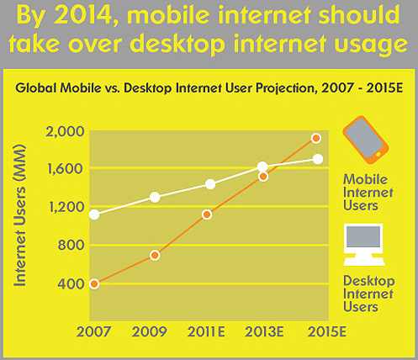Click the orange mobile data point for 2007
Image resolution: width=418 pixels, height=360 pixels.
(94, 283)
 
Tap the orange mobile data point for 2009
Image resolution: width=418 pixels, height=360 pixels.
(155, 255)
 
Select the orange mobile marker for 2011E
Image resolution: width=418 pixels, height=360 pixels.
(207, 214)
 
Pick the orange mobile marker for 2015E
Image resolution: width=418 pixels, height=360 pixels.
(316, 138)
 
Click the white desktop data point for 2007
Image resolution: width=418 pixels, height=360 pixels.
(94, 214)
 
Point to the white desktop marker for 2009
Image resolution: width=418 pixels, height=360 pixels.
(155, 197)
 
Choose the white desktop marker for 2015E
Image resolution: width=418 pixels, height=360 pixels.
(318, 159)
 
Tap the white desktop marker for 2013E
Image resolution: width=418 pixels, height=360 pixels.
(262, 167)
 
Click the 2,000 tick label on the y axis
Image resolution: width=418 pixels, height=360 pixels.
(65, 131)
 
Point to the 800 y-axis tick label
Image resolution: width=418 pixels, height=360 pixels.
(71, 245)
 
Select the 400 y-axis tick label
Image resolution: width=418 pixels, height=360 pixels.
(71, 283)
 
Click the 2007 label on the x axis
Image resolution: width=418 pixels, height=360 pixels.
(93, 332)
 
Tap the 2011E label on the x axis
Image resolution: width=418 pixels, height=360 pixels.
(206, 332)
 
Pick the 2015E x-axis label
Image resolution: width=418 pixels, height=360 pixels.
(327, 332)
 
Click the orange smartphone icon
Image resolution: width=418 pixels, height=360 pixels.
(366, 140)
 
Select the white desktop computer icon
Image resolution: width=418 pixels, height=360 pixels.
(363, 245)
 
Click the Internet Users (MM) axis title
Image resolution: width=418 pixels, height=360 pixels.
(20, 215)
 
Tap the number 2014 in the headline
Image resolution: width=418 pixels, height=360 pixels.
(83, 15)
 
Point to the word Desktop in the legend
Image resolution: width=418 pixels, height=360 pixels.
(369, 281)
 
